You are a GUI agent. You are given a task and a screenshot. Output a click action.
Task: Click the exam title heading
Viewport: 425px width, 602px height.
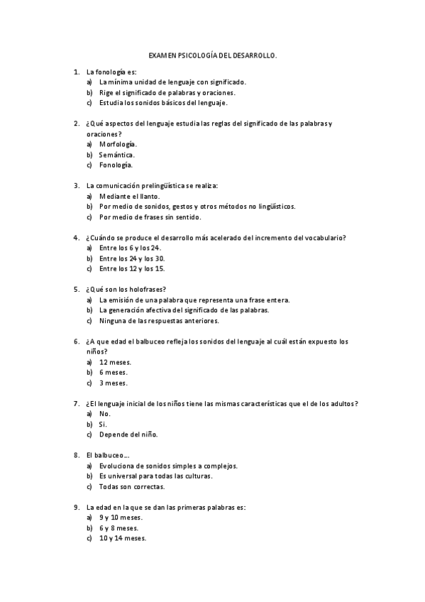(x=212, y=54)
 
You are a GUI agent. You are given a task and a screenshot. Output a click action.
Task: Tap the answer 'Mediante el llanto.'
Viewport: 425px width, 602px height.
(x=130, y=196)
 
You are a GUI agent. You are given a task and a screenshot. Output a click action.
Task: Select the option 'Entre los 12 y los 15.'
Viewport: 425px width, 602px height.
(x=132, y=268)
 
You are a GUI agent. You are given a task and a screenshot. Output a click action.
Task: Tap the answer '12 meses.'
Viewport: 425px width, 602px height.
(x=115, y=362)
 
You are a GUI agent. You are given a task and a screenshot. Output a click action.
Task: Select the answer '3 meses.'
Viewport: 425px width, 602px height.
(x=114, y=383)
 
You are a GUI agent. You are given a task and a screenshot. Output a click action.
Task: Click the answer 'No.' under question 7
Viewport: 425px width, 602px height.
(x=105, y=413)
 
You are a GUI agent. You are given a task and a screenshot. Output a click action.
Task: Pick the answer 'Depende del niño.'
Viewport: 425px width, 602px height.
(x=128, y=434)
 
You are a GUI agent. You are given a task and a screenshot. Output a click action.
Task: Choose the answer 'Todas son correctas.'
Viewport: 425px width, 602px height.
(x=132, y=486)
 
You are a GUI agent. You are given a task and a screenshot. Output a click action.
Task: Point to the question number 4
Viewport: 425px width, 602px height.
(x=76, y=237)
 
